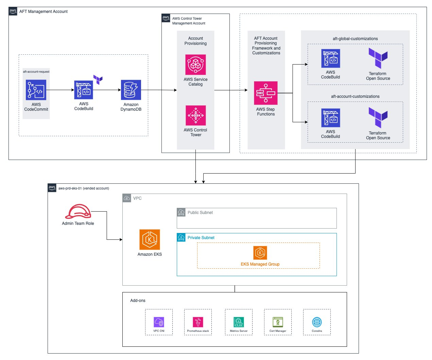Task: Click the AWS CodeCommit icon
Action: (x=36, y=90)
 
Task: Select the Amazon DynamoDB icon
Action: (x=131, y=90)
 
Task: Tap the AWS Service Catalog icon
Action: (x=195, y=65)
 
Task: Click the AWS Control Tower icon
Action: (x=195, y=115)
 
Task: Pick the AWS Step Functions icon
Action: (x=266, y=93)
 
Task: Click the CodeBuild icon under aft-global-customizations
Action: (x=330, y=58)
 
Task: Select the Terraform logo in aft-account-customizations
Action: (x=378, y=118)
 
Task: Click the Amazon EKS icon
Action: (x=150, y=239)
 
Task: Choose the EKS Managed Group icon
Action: (x=260, y=253)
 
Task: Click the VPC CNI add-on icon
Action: (x=159, y=322)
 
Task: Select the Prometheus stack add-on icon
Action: (x=198, y=322)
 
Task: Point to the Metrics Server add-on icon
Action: (x=239, y=322)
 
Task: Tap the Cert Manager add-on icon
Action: (x=278, y=322)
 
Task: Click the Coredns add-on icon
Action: (x=317, y=322)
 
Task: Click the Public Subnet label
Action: (x=200, y=213)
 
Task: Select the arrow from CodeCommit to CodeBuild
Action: (x=60, y=90)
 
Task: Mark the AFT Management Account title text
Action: (x=43, y=12)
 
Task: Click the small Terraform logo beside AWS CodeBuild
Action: (x=98, y=79)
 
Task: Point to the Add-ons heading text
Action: (x=138, y=301)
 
